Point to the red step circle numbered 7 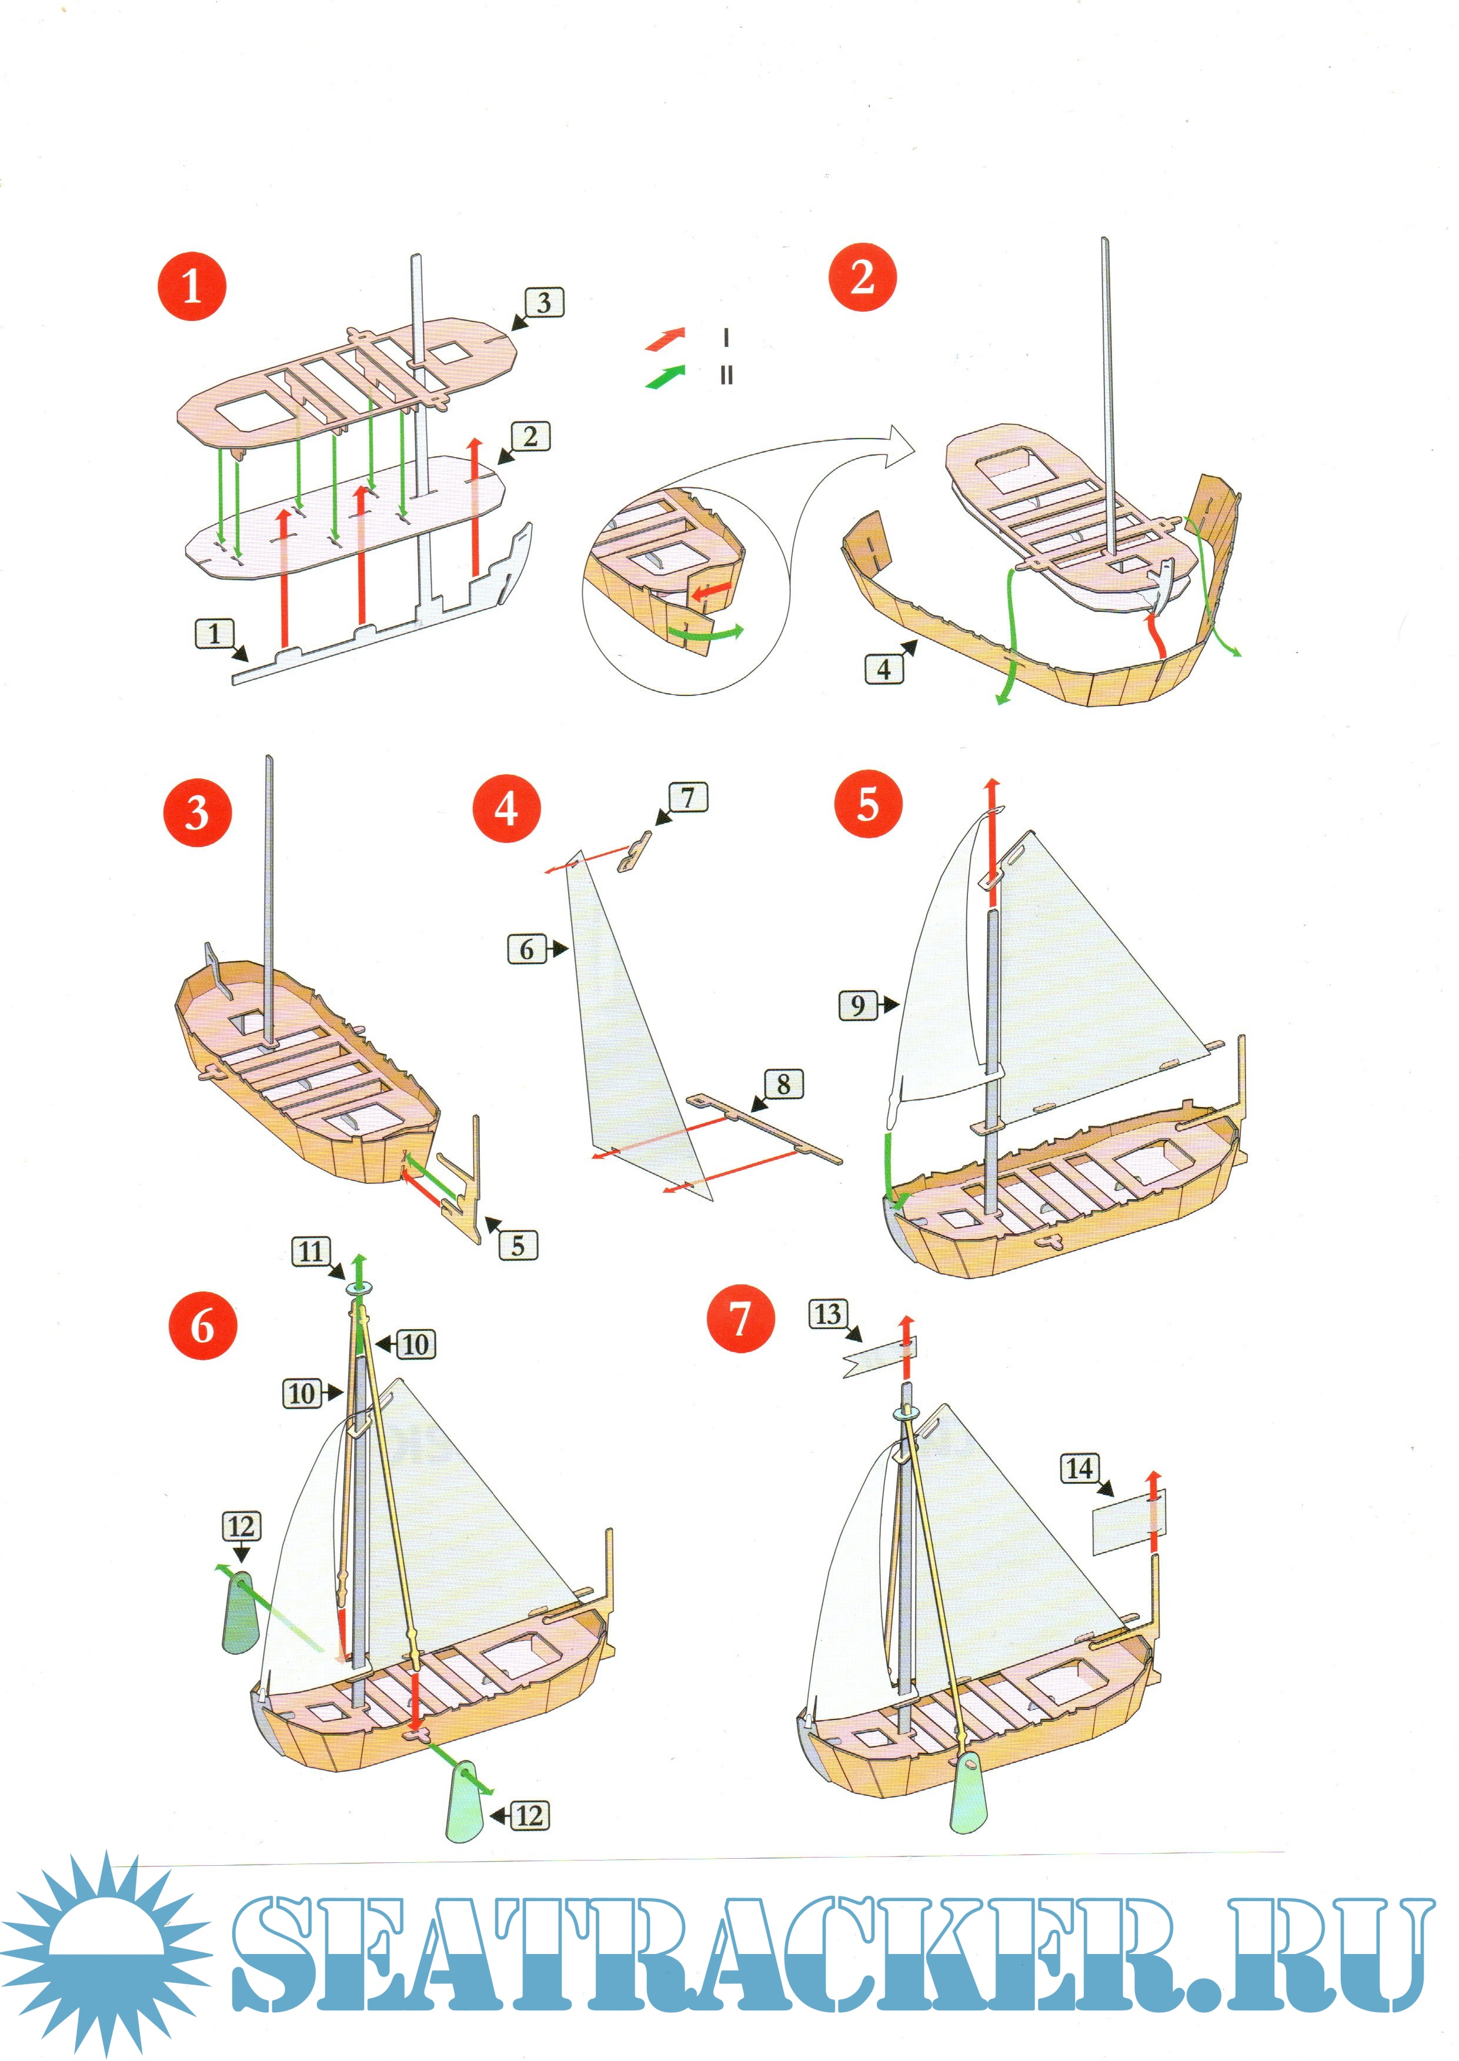740,1319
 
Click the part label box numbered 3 543,303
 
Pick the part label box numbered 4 884,668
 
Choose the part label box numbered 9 858,1005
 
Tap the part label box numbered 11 311,1251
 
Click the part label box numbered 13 827,1315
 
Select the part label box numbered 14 1079,1469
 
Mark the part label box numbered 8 783,1084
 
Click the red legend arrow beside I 665,339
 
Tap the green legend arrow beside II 665,376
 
